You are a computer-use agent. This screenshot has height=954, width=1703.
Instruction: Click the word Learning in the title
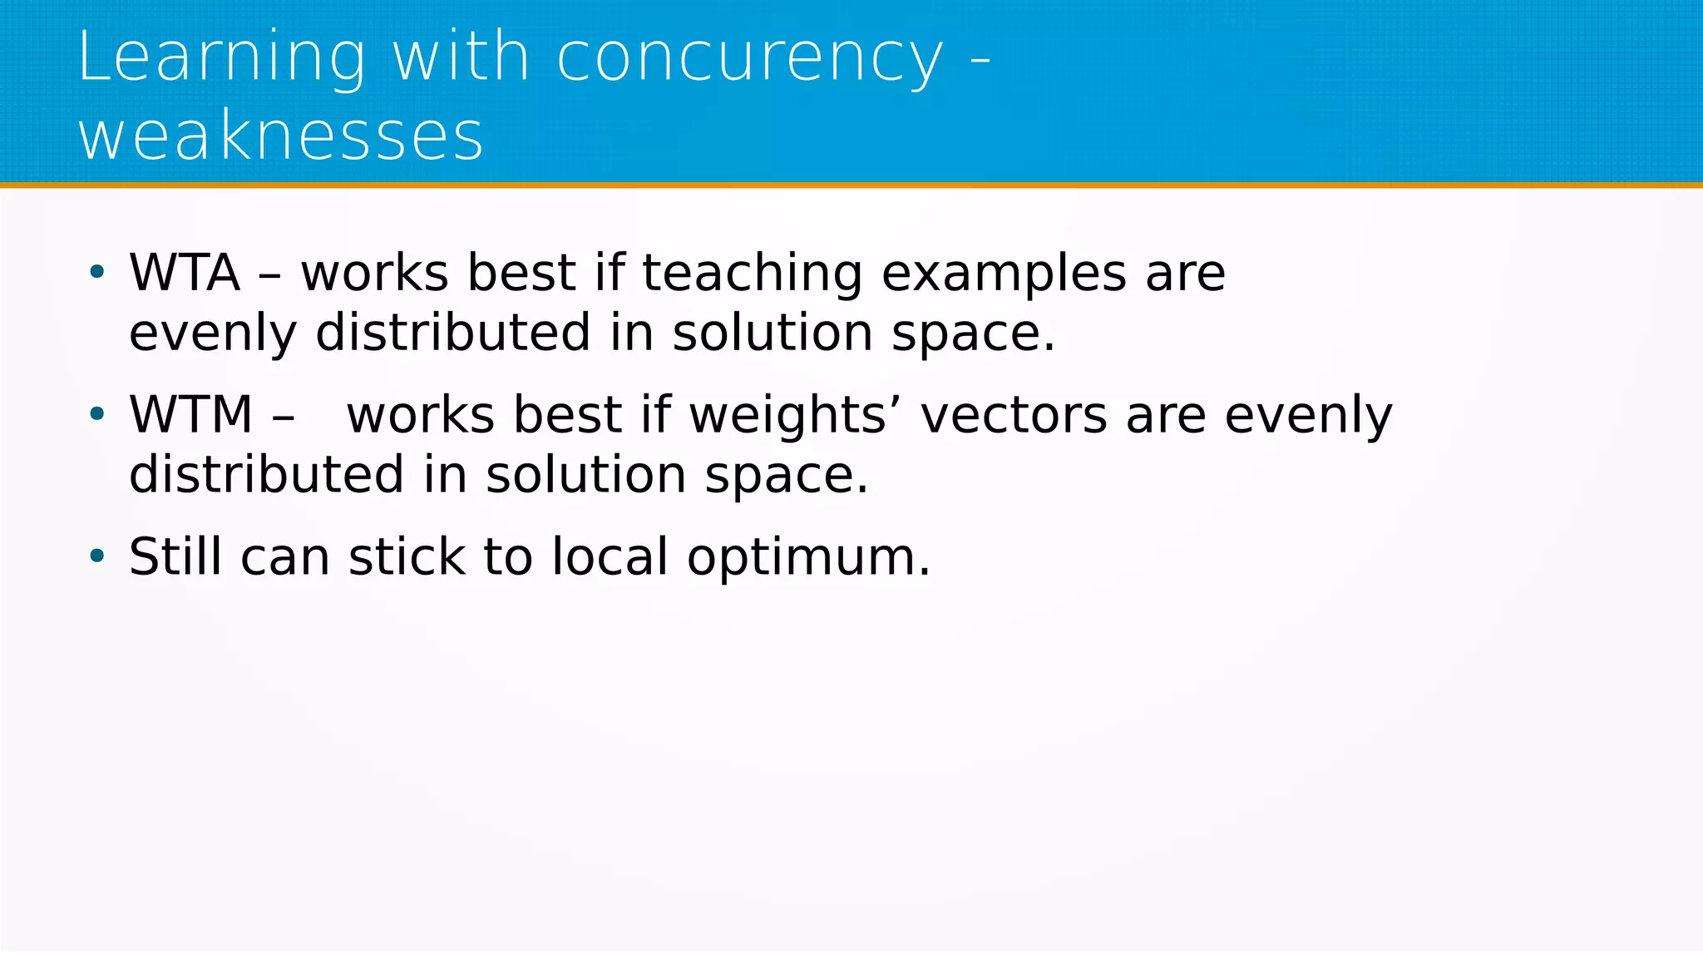click(x=221, y=58)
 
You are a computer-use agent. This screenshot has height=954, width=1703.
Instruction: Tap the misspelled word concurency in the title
click(x=749, y=58)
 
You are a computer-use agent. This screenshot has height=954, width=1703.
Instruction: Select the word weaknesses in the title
click(x=280, y=136)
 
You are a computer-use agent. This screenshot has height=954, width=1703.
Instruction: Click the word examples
click(x=1004, y=274)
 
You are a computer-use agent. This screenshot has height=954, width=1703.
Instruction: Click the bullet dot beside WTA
click(x=97, y=271)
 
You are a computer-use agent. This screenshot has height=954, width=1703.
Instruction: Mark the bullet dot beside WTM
click(x=97, y=413)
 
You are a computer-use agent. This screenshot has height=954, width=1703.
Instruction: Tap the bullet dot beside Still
click(x=97, y=555)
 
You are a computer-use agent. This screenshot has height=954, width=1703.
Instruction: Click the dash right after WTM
click(x=283, y=416)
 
